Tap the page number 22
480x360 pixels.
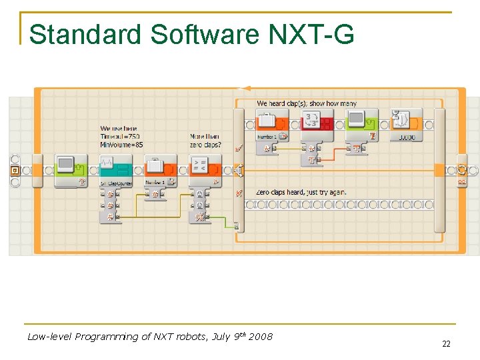pyautogui.click(x=446, y=344)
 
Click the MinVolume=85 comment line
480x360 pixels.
pyautogui.click(x=121, y=144)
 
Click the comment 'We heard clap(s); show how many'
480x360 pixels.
pyautogui.click(x=307, y=103)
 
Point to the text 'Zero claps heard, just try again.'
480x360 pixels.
pyautogui.click(x=301, y=192)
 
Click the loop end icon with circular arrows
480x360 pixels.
pyautogui.click(x=461, y=170)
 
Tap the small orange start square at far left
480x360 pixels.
pyautogui.click(x=15, y=171)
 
